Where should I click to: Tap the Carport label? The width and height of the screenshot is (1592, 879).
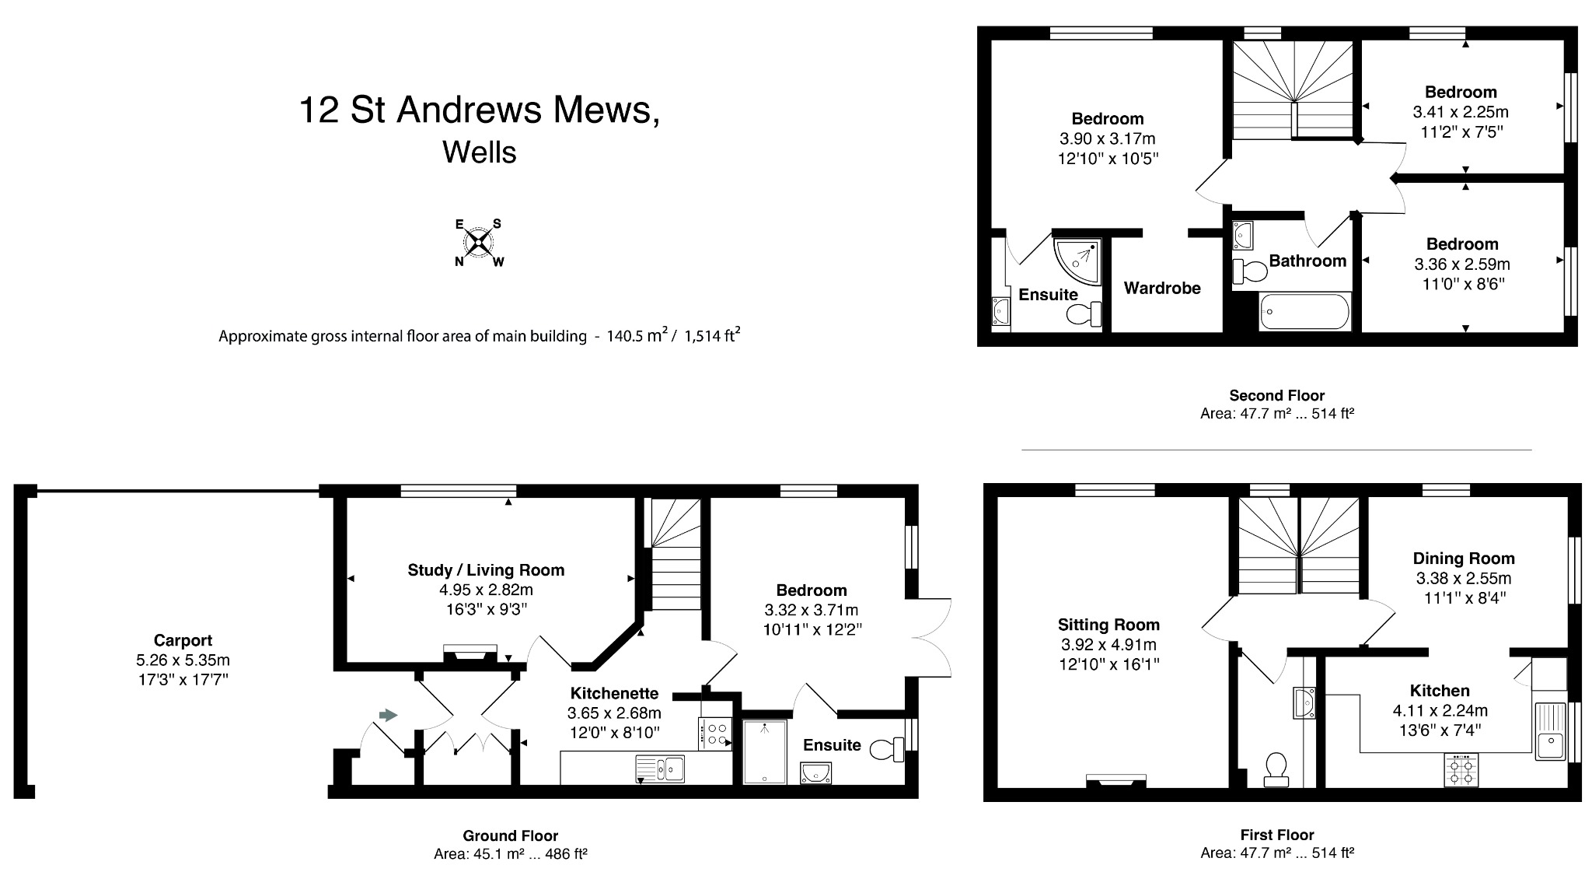click(183, 640)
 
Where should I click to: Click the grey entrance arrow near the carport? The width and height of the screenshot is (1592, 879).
click(387, 715)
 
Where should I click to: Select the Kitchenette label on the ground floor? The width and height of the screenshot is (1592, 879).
click(614, 693)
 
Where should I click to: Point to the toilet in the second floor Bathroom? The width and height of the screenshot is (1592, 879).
click(1249, 271)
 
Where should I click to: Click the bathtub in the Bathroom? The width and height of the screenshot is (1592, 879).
click(1304, 313)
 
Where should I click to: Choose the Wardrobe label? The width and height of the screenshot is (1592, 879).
click(1162, 288)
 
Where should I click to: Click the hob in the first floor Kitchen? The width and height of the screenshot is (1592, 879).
click(1461, 769)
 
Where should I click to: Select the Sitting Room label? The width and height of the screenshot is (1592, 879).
click(1108, 624)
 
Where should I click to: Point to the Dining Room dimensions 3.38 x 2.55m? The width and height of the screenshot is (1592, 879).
click(1464, 578)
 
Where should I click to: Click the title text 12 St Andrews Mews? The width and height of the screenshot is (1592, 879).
click(480, 110)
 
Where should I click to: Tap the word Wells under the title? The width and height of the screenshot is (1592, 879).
click(480, 152)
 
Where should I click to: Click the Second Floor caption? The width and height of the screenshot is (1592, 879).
click(1276, 395)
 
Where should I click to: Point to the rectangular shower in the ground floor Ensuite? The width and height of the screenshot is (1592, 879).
click(764, 751)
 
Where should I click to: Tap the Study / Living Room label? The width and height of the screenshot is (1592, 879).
click(486, 569)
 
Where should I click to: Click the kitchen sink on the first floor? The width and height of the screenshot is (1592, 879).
click(1549, 730)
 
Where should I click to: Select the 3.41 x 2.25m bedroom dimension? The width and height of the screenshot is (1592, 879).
click(1461, 112)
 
